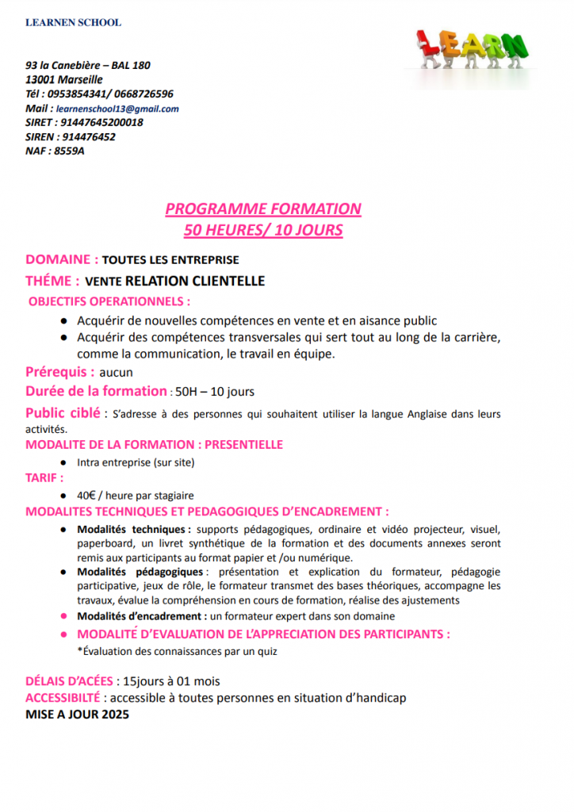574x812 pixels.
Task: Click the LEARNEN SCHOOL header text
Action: click(x=73, y=22)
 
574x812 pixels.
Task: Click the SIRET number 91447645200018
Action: click(x=101, y=123)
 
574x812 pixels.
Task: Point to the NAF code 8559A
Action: click(x=69, y=151)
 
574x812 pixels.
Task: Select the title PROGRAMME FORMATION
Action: click(x=263, y=209)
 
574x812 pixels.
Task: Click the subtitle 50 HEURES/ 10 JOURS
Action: click(x=263, y=231)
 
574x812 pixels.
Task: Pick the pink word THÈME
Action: click(x=52, y=281)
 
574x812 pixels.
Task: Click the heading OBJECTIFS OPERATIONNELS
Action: click(x=109, y=301)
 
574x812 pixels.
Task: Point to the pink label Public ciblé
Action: click(x=63, y=413)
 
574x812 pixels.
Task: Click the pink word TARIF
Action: click(x=42, y=478)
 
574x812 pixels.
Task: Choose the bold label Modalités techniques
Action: click(x=132, y=529)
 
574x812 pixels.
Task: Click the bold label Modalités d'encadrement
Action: click(x=141, y=615)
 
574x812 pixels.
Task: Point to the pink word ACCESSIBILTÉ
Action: click(x=63, y=698)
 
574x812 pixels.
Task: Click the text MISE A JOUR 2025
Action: click(x=77, y=714)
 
